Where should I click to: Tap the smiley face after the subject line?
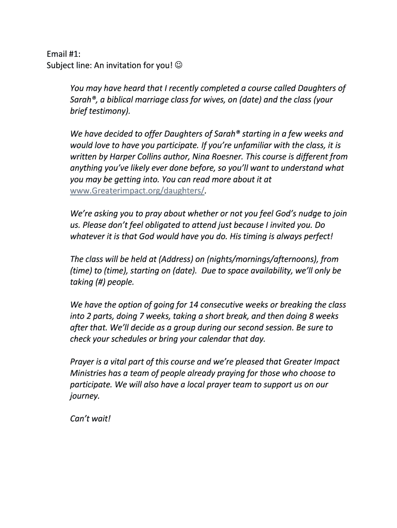point(178,65)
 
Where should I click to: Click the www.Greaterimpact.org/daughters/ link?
point(138,191)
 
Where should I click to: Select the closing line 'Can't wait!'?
point(90,418)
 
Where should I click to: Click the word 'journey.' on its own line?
point(85,396)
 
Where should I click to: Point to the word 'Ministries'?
point(90,373)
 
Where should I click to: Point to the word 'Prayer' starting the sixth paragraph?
point(83,362)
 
